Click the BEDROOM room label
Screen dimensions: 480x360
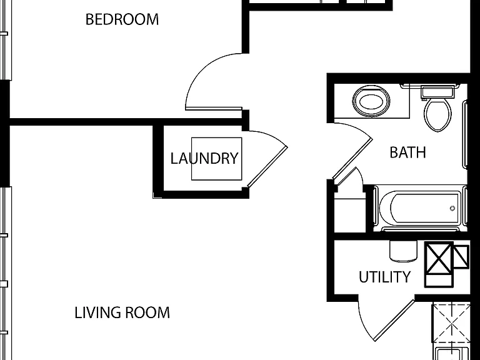tap(122, 19)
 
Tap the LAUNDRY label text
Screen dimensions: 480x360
tap(204, 158)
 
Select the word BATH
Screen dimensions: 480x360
tap(407, 152)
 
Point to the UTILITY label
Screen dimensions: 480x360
tap(384, 277)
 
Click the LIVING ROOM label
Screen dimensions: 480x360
tap(122, 312)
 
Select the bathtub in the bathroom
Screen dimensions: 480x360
tap(420, 208)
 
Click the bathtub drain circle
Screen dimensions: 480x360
tap(452, 209)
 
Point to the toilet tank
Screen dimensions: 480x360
tap(437, 92)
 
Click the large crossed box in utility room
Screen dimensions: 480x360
tap(439, 257)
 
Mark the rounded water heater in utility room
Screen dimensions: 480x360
tap(404, 251)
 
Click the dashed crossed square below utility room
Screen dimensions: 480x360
tap(451, 323)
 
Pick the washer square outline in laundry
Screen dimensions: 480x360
tap(217, 159)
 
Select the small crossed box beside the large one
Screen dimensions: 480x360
tap(461, 256)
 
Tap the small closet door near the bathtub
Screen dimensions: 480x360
tap(349, 177)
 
